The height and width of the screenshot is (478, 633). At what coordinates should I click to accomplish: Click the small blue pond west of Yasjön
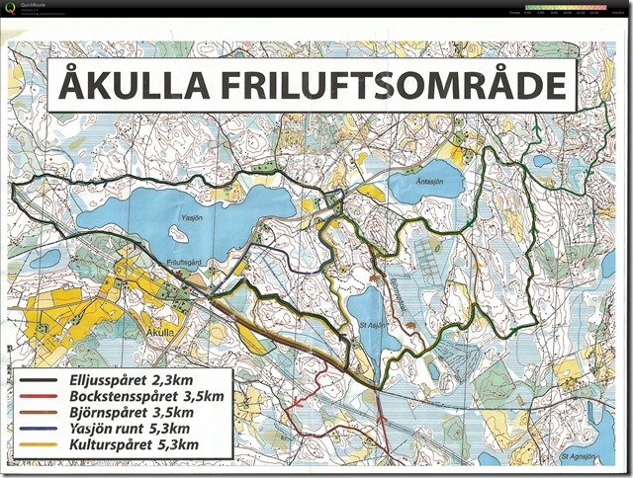coord(44,259)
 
